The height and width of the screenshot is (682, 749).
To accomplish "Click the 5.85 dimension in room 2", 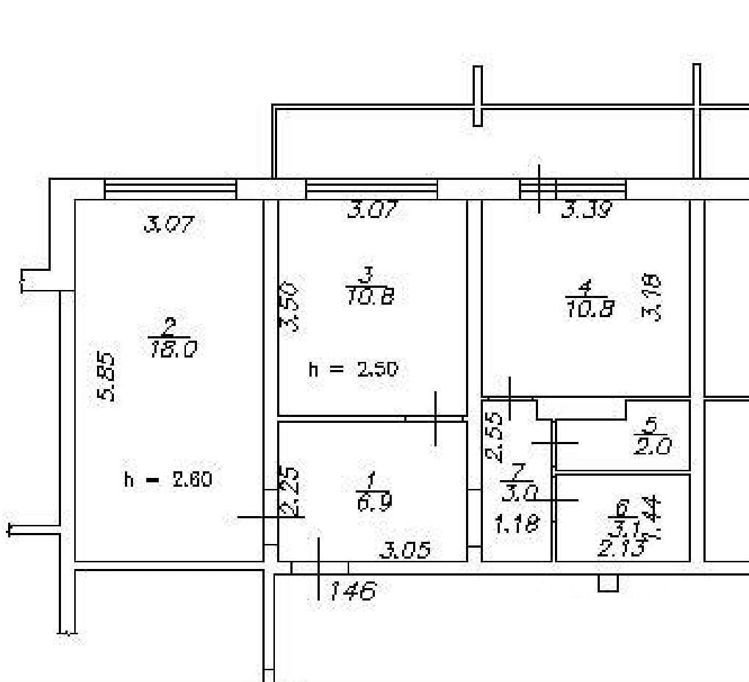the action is (107, 377).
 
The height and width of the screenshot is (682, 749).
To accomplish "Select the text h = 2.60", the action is (168, 480).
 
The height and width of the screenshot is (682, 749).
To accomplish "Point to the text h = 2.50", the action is (353, 369).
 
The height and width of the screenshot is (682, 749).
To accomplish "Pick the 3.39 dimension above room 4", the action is (586, 211).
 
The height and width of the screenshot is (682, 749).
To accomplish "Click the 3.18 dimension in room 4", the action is (652, 297).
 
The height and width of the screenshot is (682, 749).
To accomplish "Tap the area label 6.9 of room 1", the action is (374, 502).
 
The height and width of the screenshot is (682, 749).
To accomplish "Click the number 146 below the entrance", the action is (352, 590).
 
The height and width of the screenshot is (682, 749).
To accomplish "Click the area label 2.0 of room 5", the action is (653, 446).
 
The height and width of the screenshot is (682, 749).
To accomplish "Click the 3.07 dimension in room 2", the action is (169, 224).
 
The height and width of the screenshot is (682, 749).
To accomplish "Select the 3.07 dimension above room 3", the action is (372, 211).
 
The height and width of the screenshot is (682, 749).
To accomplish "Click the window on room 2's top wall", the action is (170, 189).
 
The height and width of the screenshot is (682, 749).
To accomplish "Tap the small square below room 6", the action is (608, 583).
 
